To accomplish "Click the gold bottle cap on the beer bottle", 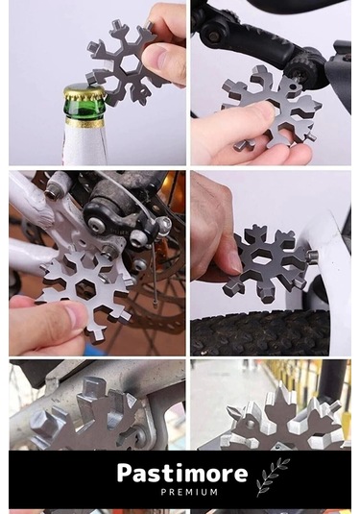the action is (84, 93).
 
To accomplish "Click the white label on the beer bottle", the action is (85, 144).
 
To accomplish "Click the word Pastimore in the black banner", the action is (182, 473).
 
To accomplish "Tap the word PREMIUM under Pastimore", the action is (189, 492).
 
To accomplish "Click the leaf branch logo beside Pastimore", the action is (273, 477).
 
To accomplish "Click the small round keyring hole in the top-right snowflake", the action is (294, 86).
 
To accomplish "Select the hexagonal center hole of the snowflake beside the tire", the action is (259, 260).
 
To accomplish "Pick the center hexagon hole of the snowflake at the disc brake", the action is (85, 287).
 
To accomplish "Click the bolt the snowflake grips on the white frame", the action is (312, 255).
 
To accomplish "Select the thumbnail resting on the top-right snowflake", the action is (263, 111).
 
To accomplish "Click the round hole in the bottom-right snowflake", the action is (251, 424).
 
